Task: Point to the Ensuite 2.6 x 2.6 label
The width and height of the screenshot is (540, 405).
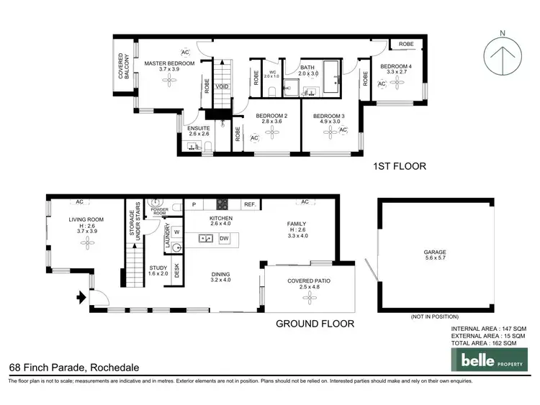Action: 199,131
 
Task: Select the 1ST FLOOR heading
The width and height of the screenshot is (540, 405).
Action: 399,166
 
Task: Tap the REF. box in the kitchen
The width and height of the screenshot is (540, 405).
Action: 250,205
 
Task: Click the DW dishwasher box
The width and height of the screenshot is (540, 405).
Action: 224,239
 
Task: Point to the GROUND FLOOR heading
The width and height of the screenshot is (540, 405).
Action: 315,324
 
